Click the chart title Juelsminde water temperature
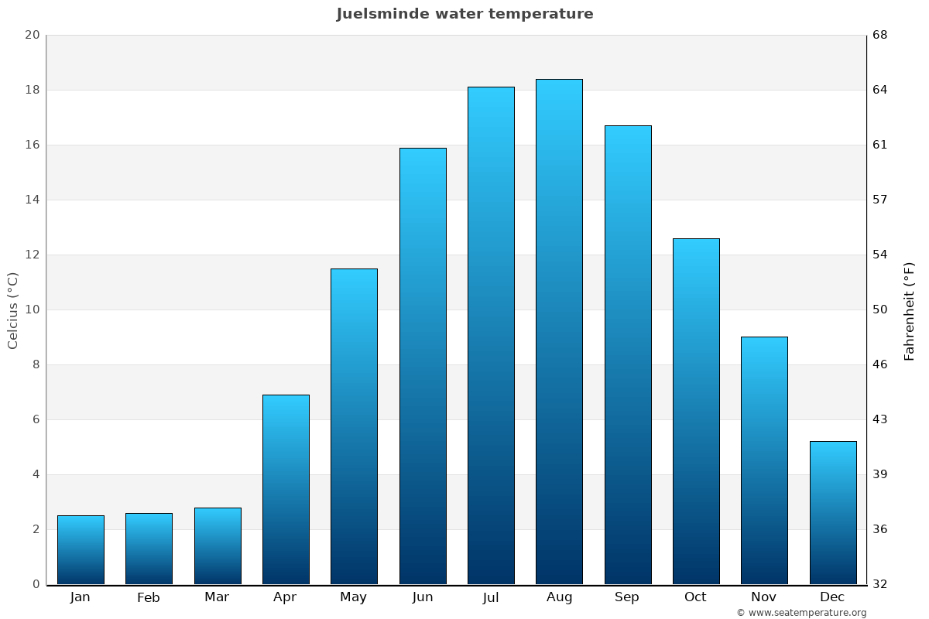[x=464, y=14]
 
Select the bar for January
[x=81, y=549]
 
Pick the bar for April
[x=286, y=489]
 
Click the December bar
[x=833, y=512]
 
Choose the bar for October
[x=696, y=411]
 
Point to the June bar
[x=423, y=365]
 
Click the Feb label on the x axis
[x=149, y=597]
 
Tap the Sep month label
[x=627, y=597]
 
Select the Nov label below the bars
[x=764, y=597]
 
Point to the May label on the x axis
[x=354, y=597]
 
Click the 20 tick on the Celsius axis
[x=32, y=35]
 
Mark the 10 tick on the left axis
[x=32, y=309]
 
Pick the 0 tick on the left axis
[x=36, y=584]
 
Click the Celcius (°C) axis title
[x=12, y=309]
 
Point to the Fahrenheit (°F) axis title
[x=910, y=310]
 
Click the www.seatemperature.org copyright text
[x=801, y=613]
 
